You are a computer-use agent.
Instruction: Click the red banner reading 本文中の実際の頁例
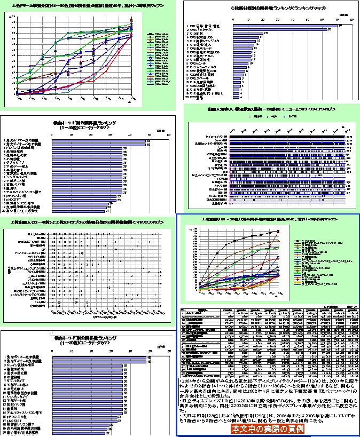click(x=267, y=428)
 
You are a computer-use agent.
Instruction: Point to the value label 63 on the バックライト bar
click(x=330, y=30)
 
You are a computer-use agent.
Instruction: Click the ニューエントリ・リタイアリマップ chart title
click(x=272, y=108)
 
